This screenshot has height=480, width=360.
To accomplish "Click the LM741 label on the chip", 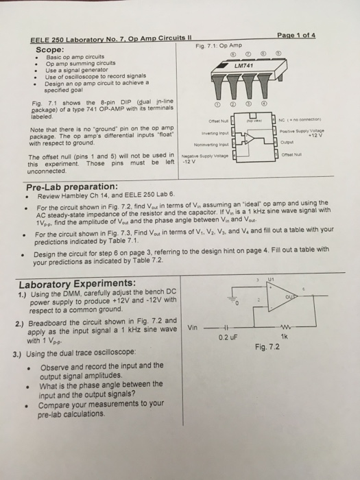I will pyautogui.click(x=245, y=65).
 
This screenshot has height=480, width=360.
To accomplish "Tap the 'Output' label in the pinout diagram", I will pyautogui.click(x=301, y=144).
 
